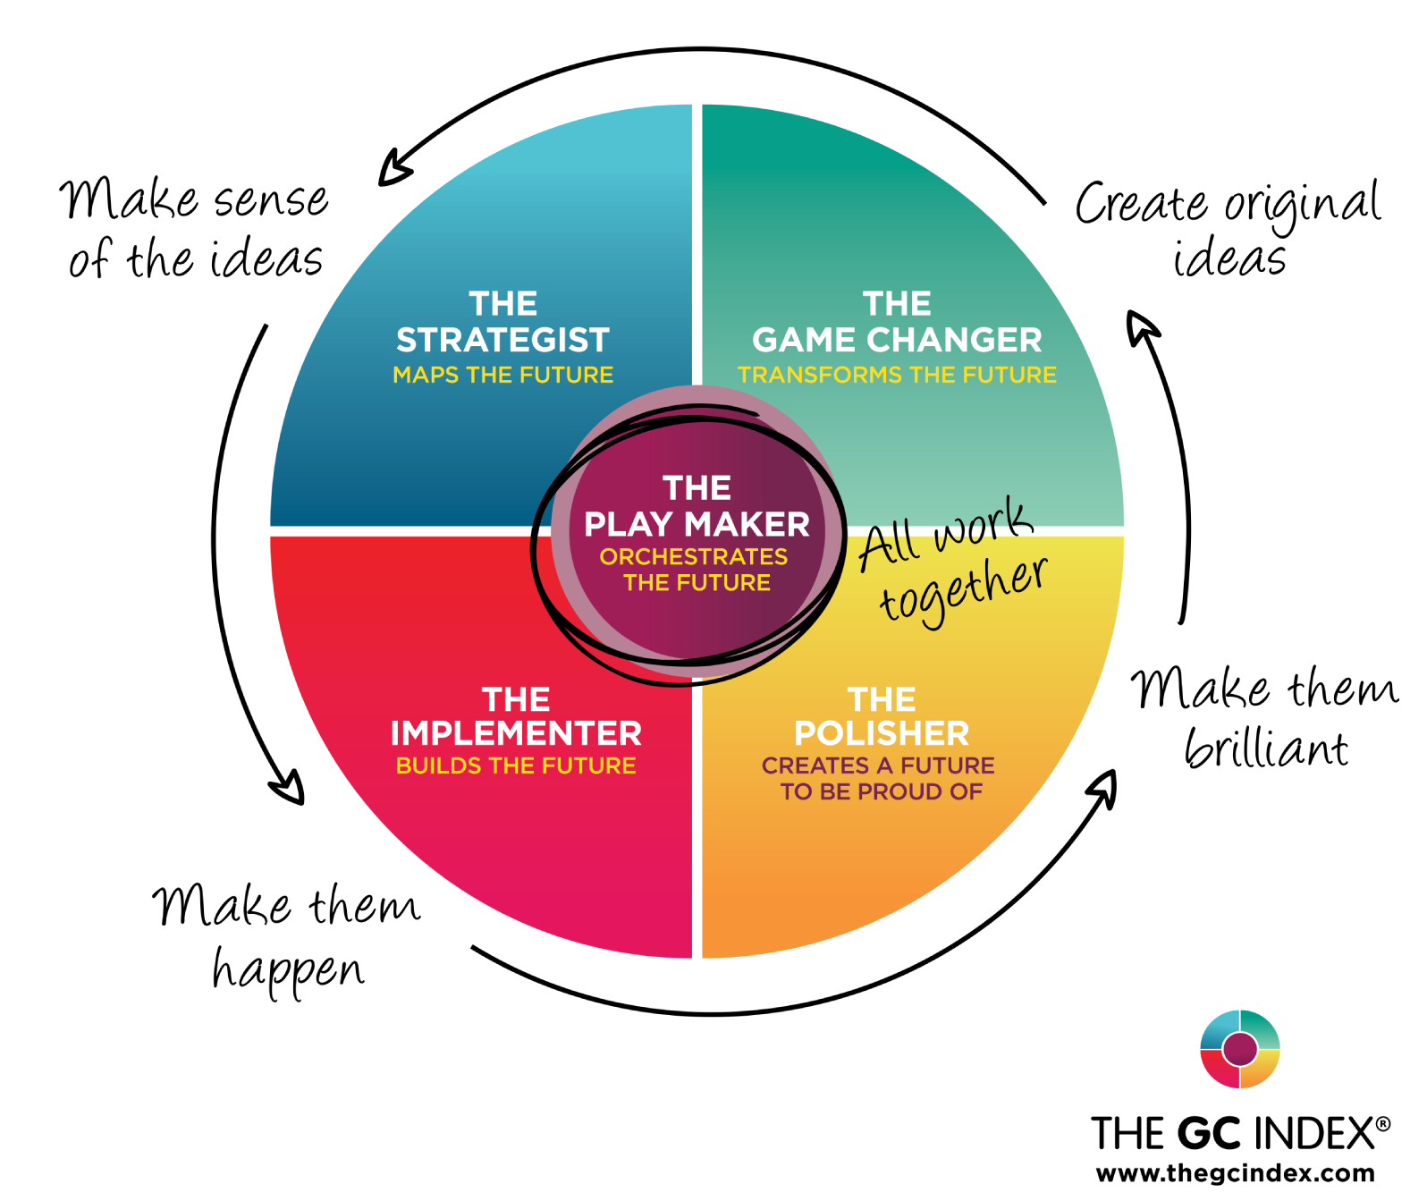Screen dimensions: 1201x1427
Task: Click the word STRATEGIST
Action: point(502,341)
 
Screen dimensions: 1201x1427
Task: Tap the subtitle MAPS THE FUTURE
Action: point(502,375)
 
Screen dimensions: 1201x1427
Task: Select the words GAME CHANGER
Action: point(897,341)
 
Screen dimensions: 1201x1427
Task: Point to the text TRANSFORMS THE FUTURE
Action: point(897,375)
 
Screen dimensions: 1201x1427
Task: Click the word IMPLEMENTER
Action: point(516,734)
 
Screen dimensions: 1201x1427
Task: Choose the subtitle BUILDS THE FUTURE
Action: point(516,766)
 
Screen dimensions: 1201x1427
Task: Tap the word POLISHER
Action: point(882,734)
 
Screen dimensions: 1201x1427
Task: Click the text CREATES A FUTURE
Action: point(878,766)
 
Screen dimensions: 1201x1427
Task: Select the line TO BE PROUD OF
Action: point(882,792)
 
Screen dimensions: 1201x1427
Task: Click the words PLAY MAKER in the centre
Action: point(697,525)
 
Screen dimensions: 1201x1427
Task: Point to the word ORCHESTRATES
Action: point(694,557)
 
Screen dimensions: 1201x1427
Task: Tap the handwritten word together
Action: point(963,590)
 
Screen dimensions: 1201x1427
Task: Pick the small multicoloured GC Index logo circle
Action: point(1240,1049)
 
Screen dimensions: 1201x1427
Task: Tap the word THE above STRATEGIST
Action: point(502,304)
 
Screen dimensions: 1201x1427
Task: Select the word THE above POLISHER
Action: point(882,699)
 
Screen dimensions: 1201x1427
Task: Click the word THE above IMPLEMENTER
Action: point(516,699)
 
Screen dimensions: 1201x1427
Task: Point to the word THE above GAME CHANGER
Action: point(897,304)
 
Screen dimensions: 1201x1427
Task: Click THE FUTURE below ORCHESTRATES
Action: point(697,583)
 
